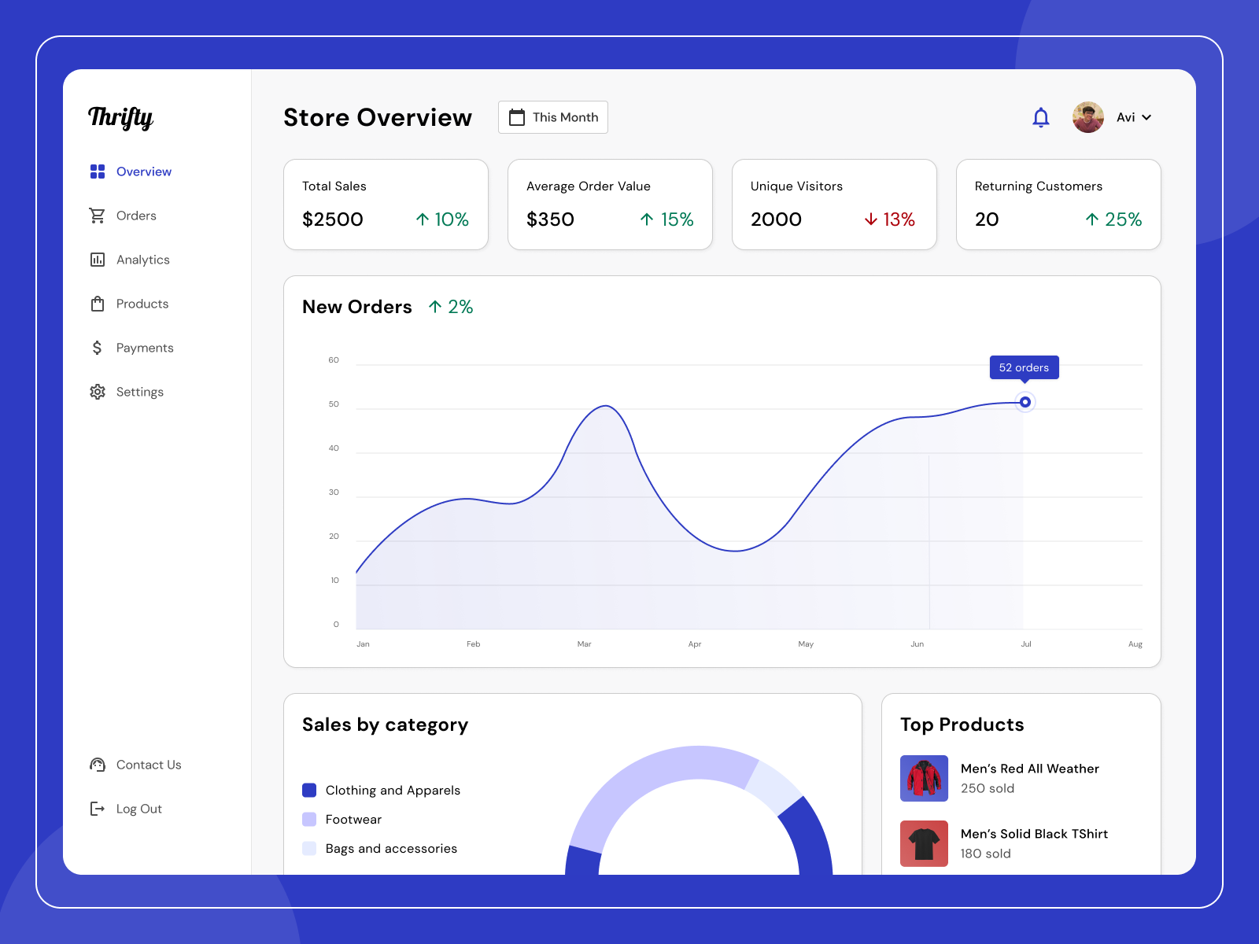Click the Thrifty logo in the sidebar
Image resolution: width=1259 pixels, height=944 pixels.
point(120,117)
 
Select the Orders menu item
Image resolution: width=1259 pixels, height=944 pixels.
point(136,216)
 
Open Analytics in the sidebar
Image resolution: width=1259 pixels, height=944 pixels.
point(142,260)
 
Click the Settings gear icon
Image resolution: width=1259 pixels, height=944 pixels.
point(98,392)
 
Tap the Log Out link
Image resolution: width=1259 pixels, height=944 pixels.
point(138,809)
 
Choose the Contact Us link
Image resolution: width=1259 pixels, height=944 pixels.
point(148,765)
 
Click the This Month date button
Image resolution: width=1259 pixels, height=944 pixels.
point(553,117)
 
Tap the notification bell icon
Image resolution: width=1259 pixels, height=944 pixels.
point(1041,117)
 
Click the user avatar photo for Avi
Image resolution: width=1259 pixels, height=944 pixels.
point(1088,117)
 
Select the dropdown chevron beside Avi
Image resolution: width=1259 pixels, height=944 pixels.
point(1146,117)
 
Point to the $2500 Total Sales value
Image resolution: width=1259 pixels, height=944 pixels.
point(333,219)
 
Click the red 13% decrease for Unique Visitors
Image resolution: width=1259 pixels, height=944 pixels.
point(890,219)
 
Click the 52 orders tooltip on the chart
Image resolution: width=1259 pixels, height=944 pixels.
point(1024,367)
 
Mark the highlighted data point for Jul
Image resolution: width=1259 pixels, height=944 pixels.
point(1025,402)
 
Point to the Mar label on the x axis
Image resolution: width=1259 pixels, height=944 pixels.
point(584,644)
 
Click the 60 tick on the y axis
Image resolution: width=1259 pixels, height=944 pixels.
point(334,360)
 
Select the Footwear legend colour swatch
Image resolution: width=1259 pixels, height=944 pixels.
point(309,819)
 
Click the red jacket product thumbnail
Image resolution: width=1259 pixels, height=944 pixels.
point(925,779)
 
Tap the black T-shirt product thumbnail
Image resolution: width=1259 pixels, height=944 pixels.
point(925,843)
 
